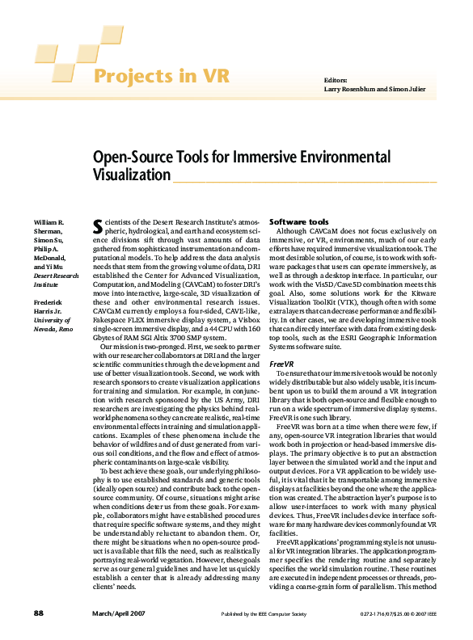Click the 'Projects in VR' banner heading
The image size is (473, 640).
(x=162, y=77)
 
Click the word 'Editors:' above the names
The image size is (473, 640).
(x=336, y=81)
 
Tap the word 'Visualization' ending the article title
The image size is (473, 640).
(x=132, y=175)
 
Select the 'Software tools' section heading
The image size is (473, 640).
(x=298, y=221)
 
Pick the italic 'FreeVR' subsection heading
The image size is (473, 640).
(x=282, y=364)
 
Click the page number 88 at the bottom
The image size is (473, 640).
(x=38, y=615)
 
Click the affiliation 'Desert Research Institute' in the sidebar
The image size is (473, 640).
(x=56, y=280)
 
